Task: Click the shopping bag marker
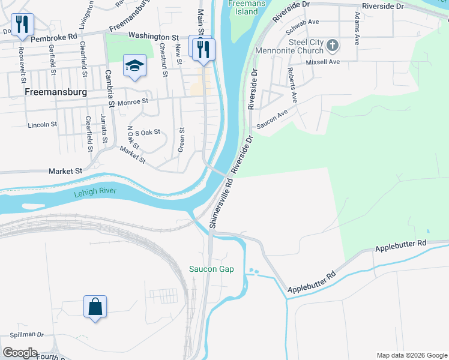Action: (95, 307)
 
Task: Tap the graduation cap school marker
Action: (134, 65)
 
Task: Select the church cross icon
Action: (333, 45)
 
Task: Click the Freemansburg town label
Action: (56, 93)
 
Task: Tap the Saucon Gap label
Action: (211, 269)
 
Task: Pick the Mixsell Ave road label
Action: (323, 62)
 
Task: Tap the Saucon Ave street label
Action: (273, 118)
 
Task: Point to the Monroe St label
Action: (133, 102)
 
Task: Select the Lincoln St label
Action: (42, 125)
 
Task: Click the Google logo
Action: (19, 353)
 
